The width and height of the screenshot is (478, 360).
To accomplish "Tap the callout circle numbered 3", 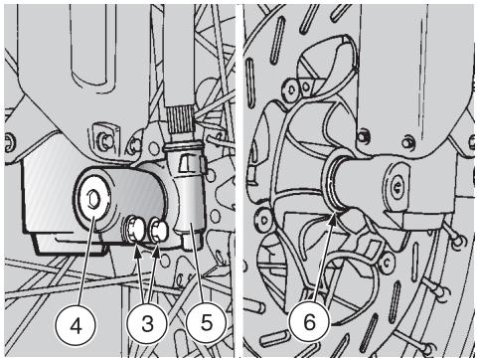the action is [x=147, y=323].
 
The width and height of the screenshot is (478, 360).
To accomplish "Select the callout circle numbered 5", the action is [x=206, y=322].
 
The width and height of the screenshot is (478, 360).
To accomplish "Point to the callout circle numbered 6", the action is [x=310, y=321].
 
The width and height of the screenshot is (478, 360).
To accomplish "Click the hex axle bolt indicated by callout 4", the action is [x=92, y=199].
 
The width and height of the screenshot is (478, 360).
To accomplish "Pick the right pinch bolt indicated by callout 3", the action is [x=159, y=230].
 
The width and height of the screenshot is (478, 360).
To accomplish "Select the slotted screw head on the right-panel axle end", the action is [x=397, y=188].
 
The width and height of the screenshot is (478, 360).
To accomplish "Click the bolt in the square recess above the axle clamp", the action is [x=105, y=141].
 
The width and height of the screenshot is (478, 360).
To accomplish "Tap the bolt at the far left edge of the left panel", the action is [x=9, y=142].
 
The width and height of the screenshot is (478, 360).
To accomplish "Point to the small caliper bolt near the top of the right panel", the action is [x=291, y=89].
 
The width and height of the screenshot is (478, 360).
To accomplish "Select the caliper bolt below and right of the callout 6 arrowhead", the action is [x=386, y=263].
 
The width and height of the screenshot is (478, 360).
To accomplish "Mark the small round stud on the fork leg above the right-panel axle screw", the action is [x=407, y=142].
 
